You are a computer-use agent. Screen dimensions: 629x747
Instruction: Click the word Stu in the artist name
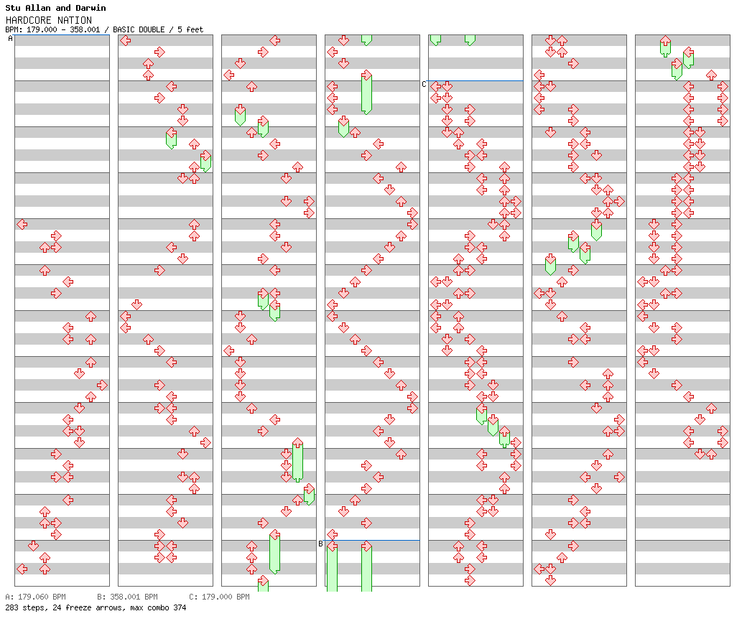point(13,8)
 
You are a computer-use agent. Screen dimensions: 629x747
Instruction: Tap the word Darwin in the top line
point(91,8)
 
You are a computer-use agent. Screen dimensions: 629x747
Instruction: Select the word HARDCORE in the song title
point(27,20)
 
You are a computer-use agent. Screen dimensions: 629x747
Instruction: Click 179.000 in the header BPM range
point(42,30)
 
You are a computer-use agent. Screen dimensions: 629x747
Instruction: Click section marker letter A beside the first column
point(10,39)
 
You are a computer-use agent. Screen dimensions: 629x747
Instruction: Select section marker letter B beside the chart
point(320,544)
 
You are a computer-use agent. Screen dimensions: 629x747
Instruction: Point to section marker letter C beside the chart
point(424,84)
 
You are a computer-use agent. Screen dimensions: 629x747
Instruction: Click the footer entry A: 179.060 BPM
point(35,597)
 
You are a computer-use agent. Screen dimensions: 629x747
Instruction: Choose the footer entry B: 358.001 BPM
point(127,597)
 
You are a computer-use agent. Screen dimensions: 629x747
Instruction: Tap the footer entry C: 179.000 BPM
point(219,597)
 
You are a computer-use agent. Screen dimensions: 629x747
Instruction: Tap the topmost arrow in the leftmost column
point(22,224)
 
